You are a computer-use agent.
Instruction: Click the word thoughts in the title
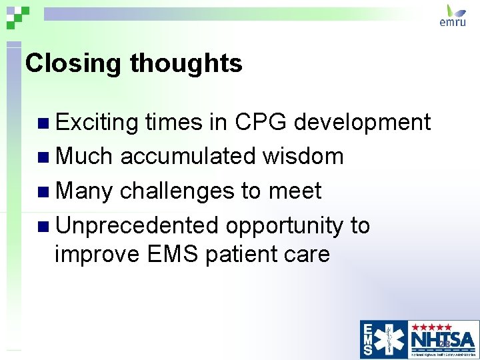(x=186, y=64)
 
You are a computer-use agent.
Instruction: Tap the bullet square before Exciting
(x=43, y=123)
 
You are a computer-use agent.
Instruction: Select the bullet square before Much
(x=43, y=157)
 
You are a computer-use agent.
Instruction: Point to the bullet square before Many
(x=43, y=192)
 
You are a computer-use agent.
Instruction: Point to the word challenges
(x=177, y=192)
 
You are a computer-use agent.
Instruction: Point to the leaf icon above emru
(x=456, y=10)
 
